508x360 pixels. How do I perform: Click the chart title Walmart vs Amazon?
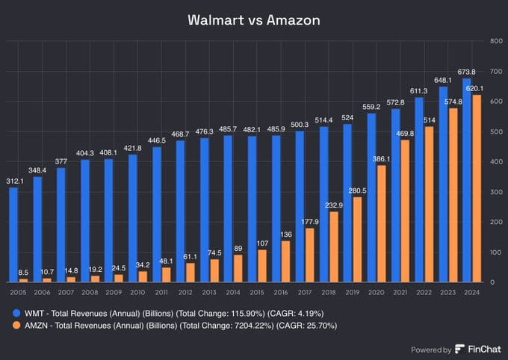point(254,20)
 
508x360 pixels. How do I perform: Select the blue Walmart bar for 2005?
point(14,235)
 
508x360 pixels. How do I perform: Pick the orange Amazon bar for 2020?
point(381,223)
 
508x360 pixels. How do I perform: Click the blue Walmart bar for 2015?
point(253,209)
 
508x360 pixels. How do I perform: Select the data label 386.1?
point(382,159)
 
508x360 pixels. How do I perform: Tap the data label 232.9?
point(333,205)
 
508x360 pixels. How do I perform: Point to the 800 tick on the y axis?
point(495,41)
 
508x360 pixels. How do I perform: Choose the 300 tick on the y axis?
point(495,192)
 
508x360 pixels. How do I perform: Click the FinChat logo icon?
point(459,349)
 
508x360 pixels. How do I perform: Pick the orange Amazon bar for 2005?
point(24,280)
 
